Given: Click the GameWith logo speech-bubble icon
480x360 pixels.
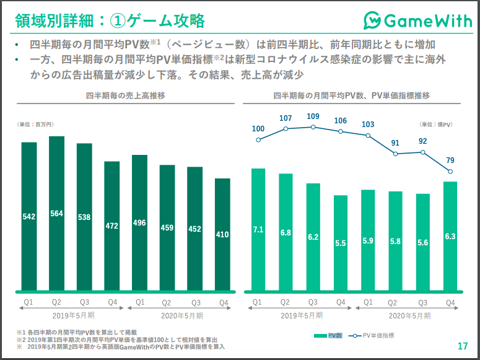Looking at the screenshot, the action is pos(372,20).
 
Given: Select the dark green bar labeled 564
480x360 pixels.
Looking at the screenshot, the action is pos(56,213).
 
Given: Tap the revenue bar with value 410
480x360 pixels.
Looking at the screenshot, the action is pos(222,234).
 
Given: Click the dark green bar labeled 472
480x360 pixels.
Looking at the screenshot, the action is pos(112,226).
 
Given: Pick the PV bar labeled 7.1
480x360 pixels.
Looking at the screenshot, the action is pos(258,229).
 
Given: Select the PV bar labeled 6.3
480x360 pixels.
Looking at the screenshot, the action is pos(450,236).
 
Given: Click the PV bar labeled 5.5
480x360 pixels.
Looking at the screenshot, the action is pos(341,243).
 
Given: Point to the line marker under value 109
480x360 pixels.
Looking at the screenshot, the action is pos(313,127).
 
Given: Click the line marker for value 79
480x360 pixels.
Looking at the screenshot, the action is pos(450,172).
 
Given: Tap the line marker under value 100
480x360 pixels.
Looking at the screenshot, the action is pos(258,140).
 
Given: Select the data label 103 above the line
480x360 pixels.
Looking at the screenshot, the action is pos(368,125).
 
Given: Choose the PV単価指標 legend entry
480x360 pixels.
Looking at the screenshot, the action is pos(372,336).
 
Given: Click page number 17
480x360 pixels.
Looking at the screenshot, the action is pos(463,346).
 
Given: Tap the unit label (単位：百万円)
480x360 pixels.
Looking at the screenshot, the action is pos(35,125).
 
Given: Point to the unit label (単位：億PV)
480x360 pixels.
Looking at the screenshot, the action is pos(436,125).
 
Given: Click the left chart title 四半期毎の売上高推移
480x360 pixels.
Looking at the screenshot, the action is pos(126,95).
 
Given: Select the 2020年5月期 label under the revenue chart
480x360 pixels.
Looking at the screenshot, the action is pos(182,315).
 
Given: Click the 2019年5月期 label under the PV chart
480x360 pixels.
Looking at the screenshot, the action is pos(302,315).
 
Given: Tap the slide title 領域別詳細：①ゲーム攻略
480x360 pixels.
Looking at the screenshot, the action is pos(110,21).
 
